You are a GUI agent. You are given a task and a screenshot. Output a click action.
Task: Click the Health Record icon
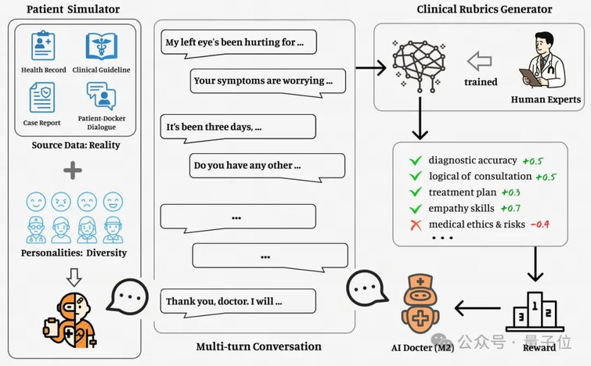pyautogui.click(x=43, y=45)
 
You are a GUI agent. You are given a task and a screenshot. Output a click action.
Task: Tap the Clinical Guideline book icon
pyautogui.click(x=101, y=46)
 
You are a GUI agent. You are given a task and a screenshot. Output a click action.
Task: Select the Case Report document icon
pyautogui.click(x=42, y=98)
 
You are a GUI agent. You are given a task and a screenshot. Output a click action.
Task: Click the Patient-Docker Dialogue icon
pyautogui.click(x=102, y=95)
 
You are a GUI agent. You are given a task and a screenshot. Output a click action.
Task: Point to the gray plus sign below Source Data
pyautogui.click(x=73, y=170)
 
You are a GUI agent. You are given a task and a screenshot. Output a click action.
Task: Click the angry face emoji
pyautogui.click(x=61, y=202)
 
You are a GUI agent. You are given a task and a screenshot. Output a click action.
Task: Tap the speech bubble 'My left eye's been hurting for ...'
pyautogui.click(x=239, y=43)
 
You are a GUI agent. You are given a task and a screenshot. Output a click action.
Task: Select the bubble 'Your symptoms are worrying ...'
pyautogui.click(x=268, y=82)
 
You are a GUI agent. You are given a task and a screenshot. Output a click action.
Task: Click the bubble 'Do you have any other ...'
pyautogui.click(x=267, y=167)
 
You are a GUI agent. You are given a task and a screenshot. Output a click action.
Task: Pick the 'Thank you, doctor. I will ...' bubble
pyautogui.click(x=238, y=303)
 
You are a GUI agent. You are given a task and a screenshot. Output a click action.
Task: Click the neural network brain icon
pyautogui.click(x=419, y=66)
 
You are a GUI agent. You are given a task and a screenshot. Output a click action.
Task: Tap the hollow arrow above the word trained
pyautogui.click(x=479, y=61)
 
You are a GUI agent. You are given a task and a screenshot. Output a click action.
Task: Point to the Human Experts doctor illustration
pyautogui.click(x=542, y=59)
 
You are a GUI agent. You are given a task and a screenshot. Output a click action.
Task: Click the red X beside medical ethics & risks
pyautogui.click(x=416, y=225)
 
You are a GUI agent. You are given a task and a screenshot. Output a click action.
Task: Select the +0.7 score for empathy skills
pyautogui.click(x=510, y=208)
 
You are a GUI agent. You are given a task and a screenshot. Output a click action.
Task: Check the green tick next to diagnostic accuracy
pyautogui.click(x=416, y=161)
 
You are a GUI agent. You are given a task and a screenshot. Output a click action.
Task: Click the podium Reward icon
pyautogui.click(x=535, y=312)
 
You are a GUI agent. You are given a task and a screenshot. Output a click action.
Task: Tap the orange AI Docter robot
pyautogui.click(x=420, y=304)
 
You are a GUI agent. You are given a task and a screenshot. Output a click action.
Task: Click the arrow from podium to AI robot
pyautogui.click(x=477, y=308)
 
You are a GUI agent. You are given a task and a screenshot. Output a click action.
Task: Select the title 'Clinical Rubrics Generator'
pyautogui.click(x=485, y=9)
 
